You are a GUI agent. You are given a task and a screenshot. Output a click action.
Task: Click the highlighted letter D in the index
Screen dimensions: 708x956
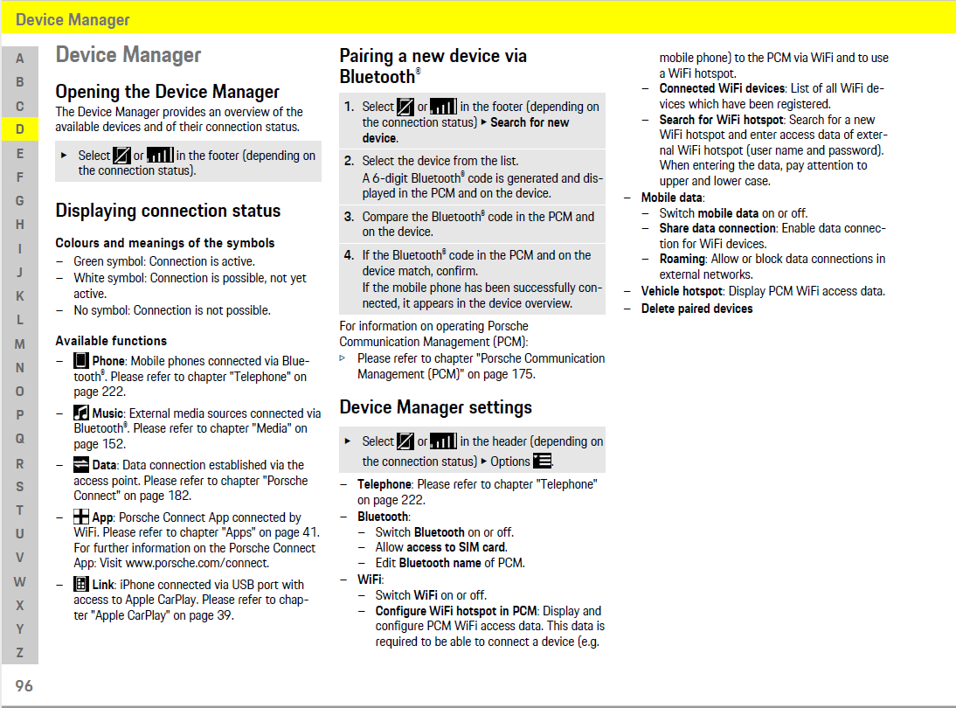[x=20, y=129]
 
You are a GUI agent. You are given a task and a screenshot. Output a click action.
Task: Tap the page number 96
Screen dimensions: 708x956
[x=24, y=686]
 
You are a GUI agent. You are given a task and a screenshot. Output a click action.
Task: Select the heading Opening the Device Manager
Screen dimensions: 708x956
[x=167, y=92]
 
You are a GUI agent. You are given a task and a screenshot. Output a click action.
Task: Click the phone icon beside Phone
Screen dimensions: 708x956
[x=81, y=361]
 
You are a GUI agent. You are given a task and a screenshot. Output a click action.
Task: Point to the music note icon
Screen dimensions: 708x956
[x=81, y=413]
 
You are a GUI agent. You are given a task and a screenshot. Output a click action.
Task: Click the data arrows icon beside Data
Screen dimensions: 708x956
[x=81, y=465]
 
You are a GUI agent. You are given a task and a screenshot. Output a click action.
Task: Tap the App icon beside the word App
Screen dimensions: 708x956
[x=81, y=517]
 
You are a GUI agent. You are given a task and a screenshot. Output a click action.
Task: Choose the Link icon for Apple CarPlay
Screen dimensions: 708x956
[x=81, y=584]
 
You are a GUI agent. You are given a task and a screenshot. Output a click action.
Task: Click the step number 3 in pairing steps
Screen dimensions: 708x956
[x=349, y=217]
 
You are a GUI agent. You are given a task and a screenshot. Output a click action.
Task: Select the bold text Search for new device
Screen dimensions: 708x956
[x=466, y=130]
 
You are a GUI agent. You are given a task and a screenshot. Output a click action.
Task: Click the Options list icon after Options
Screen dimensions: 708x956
[x=543, y=461]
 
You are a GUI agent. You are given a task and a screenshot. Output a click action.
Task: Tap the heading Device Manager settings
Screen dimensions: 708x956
[x=435, y=407]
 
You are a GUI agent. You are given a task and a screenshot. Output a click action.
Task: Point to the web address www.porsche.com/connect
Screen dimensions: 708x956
[x=197, y=564]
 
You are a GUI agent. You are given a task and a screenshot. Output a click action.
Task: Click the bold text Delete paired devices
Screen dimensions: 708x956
[x=696, y=309]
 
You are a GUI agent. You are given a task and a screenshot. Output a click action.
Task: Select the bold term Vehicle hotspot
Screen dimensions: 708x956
[x=682, y=291]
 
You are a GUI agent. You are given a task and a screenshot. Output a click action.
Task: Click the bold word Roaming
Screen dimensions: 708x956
[x=682, y=259]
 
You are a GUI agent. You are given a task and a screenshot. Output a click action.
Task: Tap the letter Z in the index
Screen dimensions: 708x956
[x=20, y=652]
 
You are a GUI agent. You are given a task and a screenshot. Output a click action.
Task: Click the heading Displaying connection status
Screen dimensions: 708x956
[x=168, y=211]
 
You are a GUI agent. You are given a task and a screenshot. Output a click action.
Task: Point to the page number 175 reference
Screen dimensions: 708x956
[x=523, y=374]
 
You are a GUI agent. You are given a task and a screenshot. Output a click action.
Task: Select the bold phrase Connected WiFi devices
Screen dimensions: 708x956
[x=722, y=88]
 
